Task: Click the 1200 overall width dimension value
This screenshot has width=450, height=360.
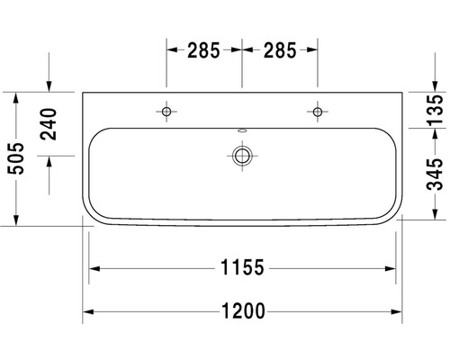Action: point(242,312)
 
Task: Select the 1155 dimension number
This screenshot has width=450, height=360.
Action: point(242,267)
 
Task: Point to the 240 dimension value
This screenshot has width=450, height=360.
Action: point(49,123)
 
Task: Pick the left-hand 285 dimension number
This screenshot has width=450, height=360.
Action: point(204,51)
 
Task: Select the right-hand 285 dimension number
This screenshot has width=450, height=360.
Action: point(280,51)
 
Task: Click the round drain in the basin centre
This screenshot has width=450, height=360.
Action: point(241,156)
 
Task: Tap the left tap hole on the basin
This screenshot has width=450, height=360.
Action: point(166,111)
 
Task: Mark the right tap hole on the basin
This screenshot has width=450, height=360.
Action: point(317,111)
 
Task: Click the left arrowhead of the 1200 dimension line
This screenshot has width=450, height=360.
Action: point(88,312)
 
